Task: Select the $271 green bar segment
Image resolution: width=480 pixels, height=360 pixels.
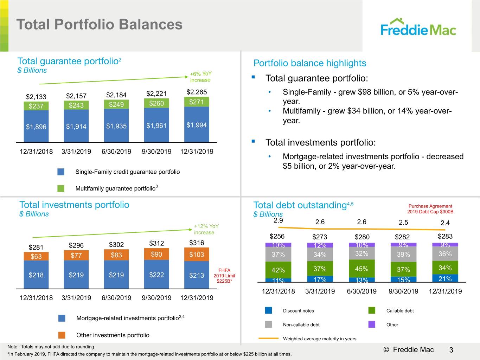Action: pos(197,102)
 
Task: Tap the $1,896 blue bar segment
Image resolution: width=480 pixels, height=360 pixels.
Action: pos(36,126)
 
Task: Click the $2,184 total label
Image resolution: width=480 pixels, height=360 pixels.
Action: pos(116,95)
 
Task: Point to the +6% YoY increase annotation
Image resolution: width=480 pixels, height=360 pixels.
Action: pos(200,77)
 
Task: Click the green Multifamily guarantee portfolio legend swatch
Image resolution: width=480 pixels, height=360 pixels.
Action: pos(61,188)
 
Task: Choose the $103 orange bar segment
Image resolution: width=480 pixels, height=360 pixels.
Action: pos(197,254)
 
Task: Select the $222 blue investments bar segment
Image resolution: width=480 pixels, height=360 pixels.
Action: pos(156,274)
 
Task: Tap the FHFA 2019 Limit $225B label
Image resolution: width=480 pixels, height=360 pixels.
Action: pos(224,276)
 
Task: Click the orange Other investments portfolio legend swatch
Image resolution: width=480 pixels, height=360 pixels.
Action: pos(62,335)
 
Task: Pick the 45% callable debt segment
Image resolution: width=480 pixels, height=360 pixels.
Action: pos(362,269)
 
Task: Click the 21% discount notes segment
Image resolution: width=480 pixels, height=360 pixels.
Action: pos(445,278)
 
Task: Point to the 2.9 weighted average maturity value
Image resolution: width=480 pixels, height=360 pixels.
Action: pos(278,220)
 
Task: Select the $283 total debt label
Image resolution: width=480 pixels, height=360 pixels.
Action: pos(445,236)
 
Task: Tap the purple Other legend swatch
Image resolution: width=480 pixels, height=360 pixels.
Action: pos(372,324)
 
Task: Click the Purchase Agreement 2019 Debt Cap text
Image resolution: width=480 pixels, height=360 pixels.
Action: pos(430,209)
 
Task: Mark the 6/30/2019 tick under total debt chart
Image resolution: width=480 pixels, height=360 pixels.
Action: pos(362,291)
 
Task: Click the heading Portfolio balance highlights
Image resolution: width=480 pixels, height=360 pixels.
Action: pos(310,63)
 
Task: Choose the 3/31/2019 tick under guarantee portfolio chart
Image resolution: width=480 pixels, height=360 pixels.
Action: pos(76,152)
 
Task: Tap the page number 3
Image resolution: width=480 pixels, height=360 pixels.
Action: pos(451,350)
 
